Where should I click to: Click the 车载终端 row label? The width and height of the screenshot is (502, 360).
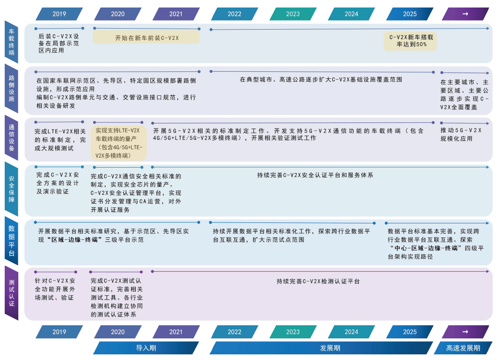(11, 42)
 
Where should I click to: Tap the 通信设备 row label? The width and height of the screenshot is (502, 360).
(11, 137)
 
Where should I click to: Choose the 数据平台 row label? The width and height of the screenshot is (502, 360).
(11, 240)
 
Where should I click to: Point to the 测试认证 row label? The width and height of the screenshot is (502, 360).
(11, 293)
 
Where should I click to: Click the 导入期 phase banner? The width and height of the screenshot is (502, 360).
(146, 348)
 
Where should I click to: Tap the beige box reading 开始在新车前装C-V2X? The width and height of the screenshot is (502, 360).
(147, 38)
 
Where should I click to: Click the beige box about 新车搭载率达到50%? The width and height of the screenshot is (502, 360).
(411, 41)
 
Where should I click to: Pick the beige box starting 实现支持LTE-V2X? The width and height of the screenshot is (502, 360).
(118, 142)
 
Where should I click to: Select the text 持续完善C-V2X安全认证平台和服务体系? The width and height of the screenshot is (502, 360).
(315, 175)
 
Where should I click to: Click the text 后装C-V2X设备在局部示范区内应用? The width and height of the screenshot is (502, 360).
(59, 43)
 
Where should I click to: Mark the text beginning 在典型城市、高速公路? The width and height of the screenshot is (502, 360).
(321, 80)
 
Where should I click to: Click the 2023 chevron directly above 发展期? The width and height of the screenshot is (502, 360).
(293, 332)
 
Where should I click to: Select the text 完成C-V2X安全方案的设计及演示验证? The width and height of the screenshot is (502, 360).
(59, 183)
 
